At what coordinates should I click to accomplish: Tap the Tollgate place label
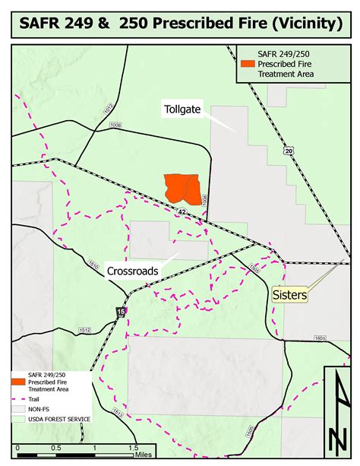[182, 109]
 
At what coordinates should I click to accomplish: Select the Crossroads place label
[132, 271]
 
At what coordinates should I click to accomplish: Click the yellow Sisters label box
[289, 293]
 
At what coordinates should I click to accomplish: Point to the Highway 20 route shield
[289, 152]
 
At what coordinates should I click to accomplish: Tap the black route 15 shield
[121, 312]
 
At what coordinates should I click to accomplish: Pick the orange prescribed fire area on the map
[183, 188]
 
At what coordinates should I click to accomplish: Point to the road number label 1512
[84, 330]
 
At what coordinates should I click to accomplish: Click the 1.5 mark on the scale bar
[132, 448]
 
